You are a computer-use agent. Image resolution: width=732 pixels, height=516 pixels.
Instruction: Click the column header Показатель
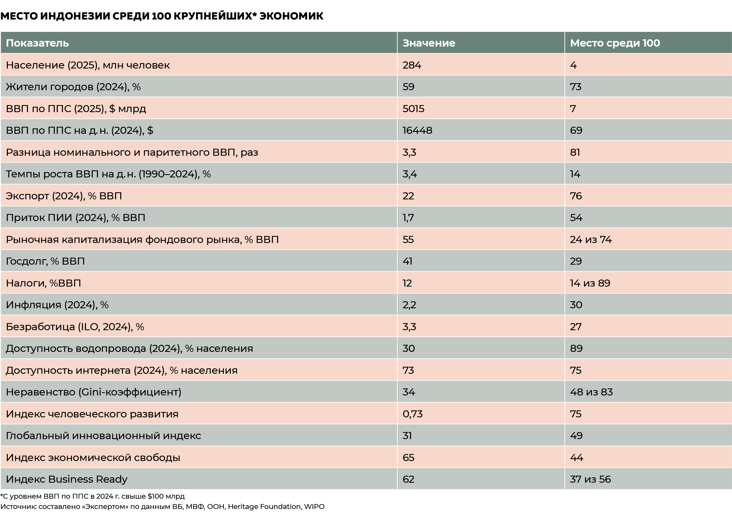[x=37, y=43]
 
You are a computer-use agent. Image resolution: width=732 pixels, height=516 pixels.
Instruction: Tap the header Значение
[x=428, y=43]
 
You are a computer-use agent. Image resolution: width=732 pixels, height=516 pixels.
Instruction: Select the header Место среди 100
[x=615, y=43]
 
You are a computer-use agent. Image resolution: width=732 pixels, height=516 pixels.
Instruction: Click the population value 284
[x=412, y=65]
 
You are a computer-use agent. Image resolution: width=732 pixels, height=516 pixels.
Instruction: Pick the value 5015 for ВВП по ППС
[x=413, y=109]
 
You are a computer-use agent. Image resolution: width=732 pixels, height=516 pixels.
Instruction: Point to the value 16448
[x=417, y=130]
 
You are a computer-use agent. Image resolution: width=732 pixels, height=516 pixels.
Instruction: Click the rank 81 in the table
[x=575, y=152]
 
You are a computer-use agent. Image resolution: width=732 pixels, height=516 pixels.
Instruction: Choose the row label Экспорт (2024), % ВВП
[x=64, y=196]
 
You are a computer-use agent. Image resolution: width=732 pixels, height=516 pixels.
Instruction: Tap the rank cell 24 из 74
[x=590, y=239]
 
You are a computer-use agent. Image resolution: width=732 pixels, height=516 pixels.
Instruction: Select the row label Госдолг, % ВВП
[x=45, y=261]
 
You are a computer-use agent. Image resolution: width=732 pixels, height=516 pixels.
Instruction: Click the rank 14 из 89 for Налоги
[x=590, y=283]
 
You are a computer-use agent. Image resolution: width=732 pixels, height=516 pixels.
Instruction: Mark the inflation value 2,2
[x=409, y=305]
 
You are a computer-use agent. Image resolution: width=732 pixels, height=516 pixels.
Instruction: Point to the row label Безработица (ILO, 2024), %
[x=75, y=327]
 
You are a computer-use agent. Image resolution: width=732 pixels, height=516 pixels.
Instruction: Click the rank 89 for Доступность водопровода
[x=576, y=348]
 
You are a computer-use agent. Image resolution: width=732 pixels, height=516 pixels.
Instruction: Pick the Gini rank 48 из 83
[x=591, y=392]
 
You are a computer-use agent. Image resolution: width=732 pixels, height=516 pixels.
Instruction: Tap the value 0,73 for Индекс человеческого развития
[x=412, y=414]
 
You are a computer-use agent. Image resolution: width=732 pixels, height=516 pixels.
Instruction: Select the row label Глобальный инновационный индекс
[x=103, y=436]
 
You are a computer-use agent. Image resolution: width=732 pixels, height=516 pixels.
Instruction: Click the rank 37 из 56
[x=590, y=479]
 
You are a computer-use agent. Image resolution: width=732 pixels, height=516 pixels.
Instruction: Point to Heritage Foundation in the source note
[x=264, y=507]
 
